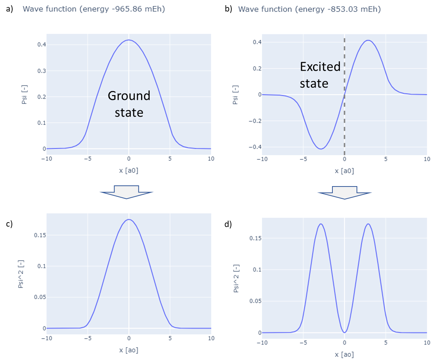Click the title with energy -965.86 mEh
[x=94, y=9]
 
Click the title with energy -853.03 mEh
[x=309, y=9]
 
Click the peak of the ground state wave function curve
[x=129, y=40]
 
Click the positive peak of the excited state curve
[x=368, y=40]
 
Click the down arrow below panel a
[x=127, y=192]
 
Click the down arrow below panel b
[x=345, y=192]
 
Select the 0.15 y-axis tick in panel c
[x=38, y=235]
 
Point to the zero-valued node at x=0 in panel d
[x=345, y=333]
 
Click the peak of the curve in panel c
[x=129, y=219]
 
